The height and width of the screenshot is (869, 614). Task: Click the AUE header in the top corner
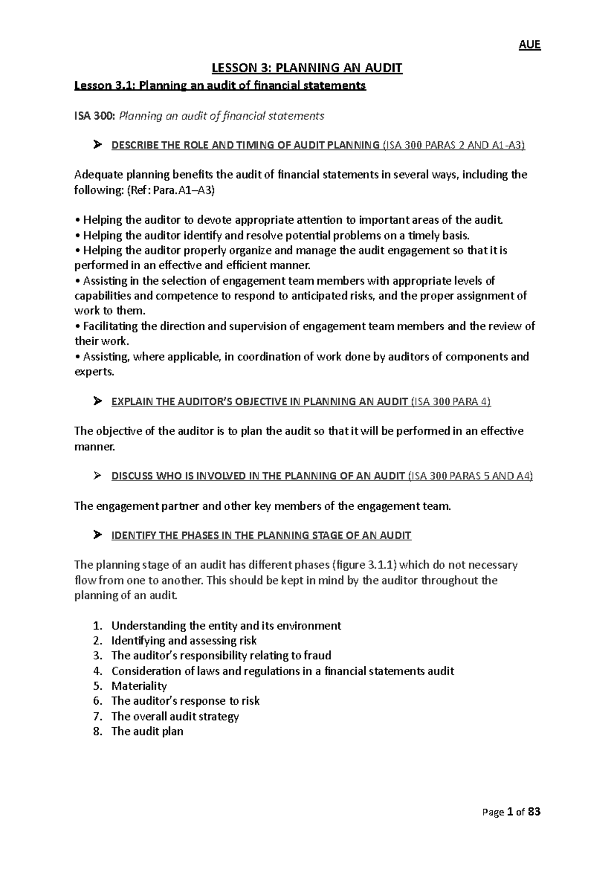pos(530,45)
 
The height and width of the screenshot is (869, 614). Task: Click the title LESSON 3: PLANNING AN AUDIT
pos(308,68)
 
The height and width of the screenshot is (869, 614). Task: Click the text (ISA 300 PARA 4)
pos(451,402)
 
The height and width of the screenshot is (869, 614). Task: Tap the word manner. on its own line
pos(95,447)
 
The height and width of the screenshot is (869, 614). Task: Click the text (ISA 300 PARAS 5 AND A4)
pos(470,476)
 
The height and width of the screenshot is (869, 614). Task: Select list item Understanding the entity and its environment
pos(226,625)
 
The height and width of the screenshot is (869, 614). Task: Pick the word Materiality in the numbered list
pos(139,686)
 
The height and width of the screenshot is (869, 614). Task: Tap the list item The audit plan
pos(147,731)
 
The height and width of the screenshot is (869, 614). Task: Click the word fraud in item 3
pos(318,656)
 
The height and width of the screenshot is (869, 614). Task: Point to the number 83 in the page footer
pos(534,812)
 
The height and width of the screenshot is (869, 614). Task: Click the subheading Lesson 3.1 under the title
pos(220,86)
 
